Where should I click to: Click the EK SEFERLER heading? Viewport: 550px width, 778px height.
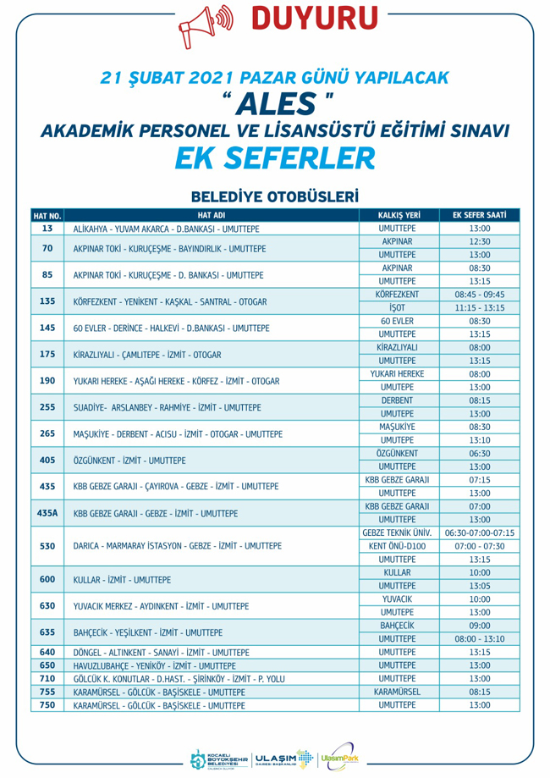pos(274,156)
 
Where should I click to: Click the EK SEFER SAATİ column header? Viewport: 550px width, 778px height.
pos(480,215)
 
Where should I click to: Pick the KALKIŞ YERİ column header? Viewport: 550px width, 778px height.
pos(399,215)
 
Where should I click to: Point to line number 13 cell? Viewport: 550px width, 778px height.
pos(47,229)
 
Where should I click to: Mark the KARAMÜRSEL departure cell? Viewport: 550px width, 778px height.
pos(399,691)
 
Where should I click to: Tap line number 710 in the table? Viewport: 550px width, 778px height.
pos(47,677)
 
